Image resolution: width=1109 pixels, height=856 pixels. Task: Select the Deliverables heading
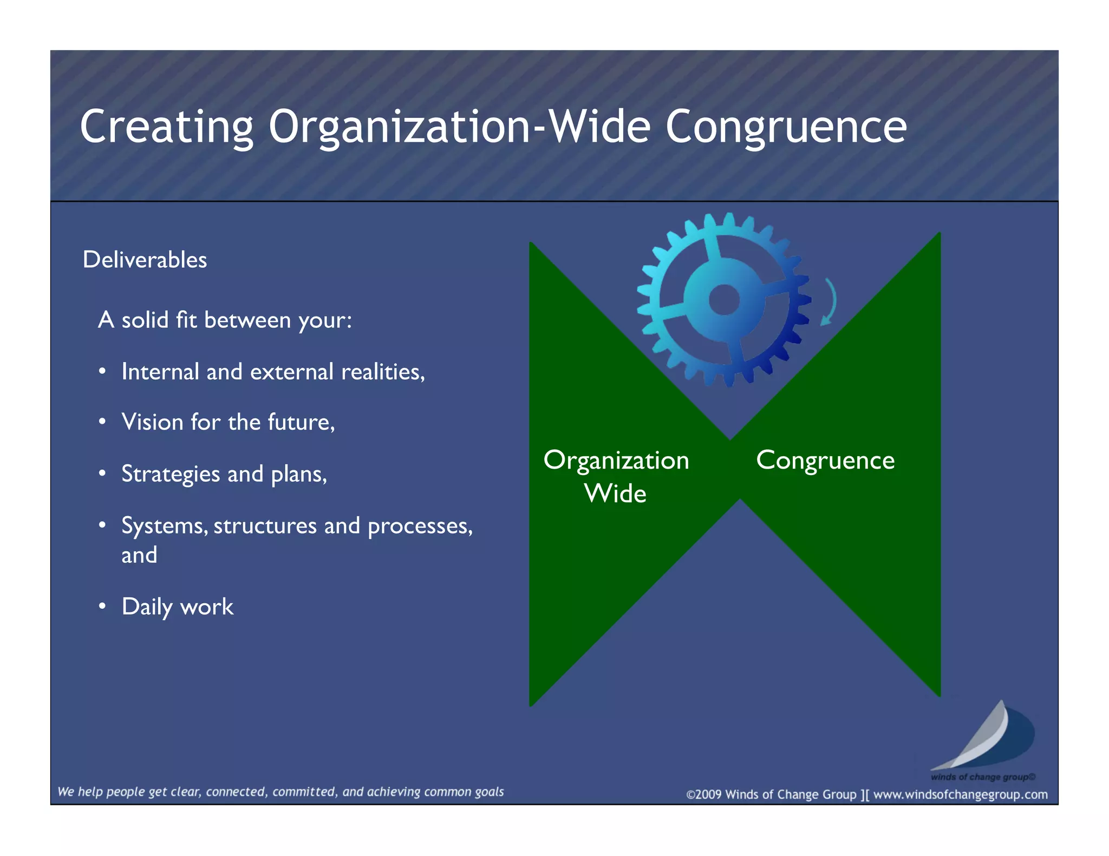pos(145,260)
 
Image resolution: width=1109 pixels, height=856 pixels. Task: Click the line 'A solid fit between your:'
pos(225,320)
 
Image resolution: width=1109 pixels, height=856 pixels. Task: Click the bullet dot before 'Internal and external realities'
pos(102,372)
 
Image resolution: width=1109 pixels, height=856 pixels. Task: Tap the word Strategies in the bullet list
pos(171,474)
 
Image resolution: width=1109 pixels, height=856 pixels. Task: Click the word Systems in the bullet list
pos(164,526)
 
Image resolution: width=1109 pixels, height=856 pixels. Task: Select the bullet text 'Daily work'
pos(178,607)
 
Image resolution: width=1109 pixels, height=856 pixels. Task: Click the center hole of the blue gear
pos(724,300)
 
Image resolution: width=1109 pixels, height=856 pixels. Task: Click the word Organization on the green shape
pos(616,460)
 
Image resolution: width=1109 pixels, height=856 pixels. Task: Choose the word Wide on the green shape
pos(615,493)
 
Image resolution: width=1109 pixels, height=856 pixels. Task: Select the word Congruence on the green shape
pos(825,460)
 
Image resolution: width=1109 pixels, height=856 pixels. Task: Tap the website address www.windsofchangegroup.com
pos(960,794)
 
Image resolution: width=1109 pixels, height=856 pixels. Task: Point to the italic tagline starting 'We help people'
pos(280,792)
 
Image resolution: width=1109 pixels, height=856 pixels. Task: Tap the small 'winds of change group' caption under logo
pos(982,777)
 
